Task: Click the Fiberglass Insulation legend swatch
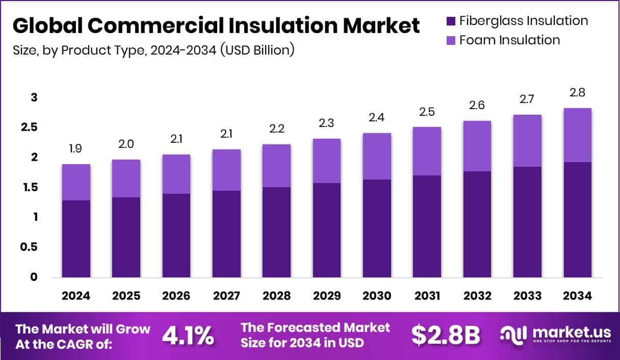451,21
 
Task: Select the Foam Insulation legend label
509,40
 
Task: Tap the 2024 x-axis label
76,296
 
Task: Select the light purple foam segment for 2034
578,135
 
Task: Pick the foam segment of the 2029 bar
327,161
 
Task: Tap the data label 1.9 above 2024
76,149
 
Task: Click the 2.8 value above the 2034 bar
578,93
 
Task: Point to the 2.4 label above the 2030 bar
377,118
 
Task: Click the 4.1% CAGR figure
188,335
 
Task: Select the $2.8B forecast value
446,335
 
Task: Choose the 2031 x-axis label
427,296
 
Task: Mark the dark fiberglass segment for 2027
226,234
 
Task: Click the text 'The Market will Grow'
83,328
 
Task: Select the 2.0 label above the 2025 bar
126,144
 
